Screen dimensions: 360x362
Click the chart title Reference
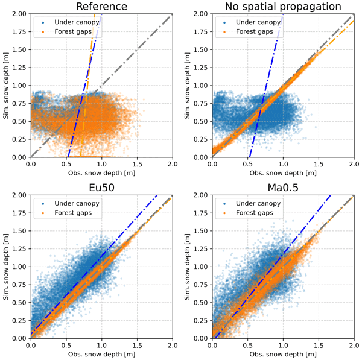(x=101, y=7)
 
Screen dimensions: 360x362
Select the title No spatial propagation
(x=282, y=7)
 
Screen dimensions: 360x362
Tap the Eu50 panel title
(x=101, y=188)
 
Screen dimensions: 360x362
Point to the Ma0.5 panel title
(x=282, y=188)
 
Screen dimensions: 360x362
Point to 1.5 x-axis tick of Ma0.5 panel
(x=317, y=346)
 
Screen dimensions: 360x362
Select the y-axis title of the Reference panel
(x=5, y=85)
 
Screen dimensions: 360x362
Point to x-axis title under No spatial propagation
(x=282, y=173)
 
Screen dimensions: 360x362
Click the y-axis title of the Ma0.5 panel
(x=186, y=266)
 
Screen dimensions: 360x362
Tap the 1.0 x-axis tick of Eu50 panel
(x=101, y=346)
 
